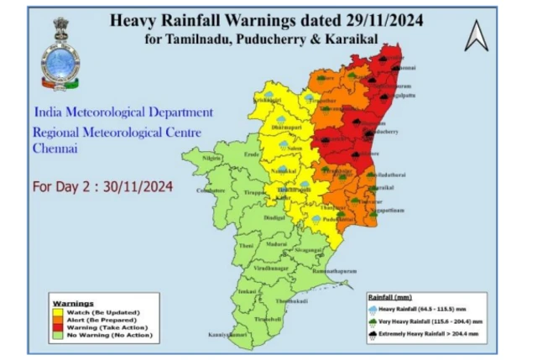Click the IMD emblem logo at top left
point(60,54)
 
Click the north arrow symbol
point(477,36)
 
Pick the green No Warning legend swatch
point(57,333)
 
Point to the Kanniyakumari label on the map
point(229,335)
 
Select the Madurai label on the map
point(276,243)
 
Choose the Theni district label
point(246,245)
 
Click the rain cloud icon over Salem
point(284,144)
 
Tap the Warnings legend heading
point(73,302)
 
